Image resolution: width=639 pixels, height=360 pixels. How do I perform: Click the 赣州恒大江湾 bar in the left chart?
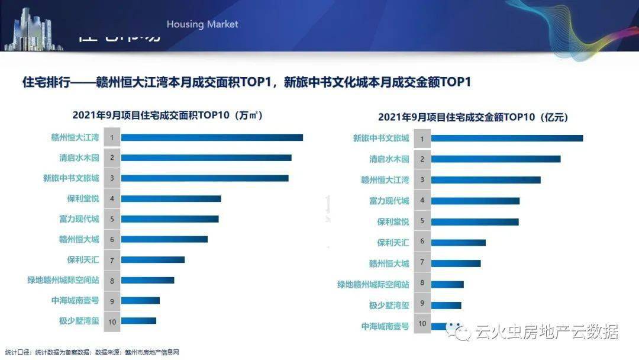[x=212, y=137]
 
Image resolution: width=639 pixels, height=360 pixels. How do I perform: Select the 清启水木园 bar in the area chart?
[x=206, y=157]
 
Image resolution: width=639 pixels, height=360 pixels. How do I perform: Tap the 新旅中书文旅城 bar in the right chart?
[x=506, y=139]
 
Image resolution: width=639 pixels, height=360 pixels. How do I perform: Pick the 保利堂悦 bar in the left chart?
[x=170, y=198]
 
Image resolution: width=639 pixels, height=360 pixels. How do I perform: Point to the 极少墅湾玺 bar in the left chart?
[x=138, y=321]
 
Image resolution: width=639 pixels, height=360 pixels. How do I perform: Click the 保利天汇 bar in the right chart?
[x=458, y=242]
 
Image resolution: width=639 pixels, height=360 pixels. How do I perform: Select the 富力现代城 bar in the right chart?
[x=475, y=201]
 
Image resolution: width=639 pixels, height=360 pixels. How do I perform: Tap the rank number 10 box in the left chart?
[x=111, y=322]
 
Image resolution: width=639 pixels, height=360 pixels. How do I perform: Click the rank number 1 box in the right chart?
[x=422, y=139]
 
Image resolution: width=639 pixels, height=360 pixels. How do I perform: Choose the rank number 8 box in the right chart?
[x=422, y=283]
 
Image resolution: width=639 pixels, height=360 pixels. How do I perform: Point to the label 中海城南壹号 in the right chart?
[x=385, y=326]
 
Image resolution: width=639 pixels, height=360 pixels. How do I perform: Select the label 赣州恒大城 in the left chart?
[x=79, y=239]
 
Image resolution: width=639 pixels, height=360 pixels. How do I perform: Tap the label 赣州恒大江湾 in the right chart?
[x=385, y=180]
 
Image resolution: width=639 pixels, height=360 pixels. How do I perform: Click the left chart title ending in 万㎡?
[x=167, y=115]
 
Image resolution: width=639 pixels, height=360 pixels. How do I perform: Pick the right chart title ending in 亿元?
[x=473, y=117]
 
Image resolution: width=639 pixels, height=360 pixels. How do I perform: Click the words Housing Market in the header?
[x=202, y=24]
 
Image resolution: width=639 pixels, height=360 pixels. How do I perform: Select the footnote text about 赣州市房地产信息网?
[x=92, y=352]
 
